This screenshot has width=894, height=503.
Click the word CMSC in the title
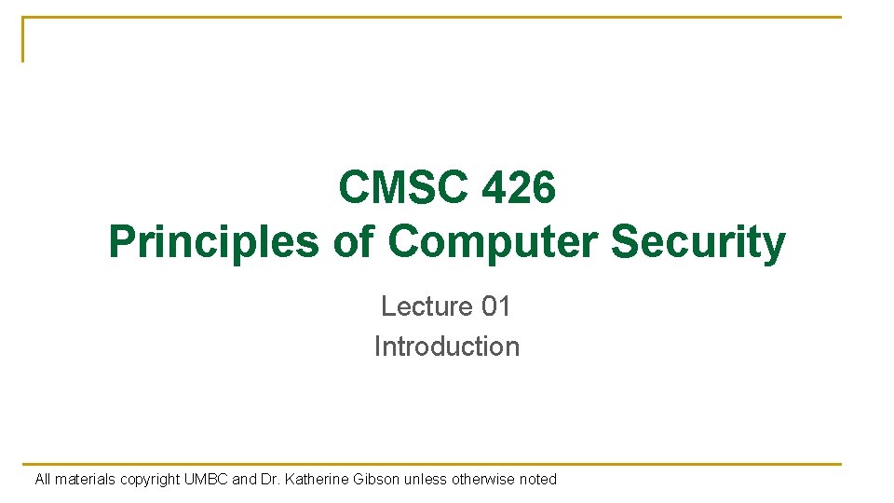click(403, 186)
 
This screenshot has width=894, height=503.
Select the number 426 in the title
click(519, 186)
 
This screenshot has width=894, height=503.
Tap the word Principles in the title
click(214, 242)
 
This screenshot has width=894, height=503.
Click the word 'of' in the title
click(354, 240)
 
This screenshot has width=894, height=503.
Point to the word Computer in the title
click(493, 242)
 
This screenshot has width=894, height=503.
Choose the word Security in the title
click(698, 242)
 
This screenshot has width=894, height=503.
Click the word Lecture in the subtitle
click(427, 306)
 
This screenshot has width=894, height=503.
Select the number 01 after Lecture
click(495, 306)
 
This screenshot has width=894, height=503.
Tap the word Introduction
click(446, 347)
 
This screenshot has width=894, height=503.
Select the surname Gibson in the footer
click(376, 479)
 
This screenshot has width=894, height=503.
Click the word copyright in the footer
click(149, 480)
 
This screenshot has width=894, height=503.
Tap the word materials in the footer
click(85, 479)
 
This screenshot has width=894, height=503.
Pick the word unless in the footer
click(426, 479)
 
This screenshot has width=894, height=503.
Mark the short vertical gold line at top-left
click(22, 39)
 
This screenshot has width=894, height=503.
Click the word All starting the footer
click(43, 479)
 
